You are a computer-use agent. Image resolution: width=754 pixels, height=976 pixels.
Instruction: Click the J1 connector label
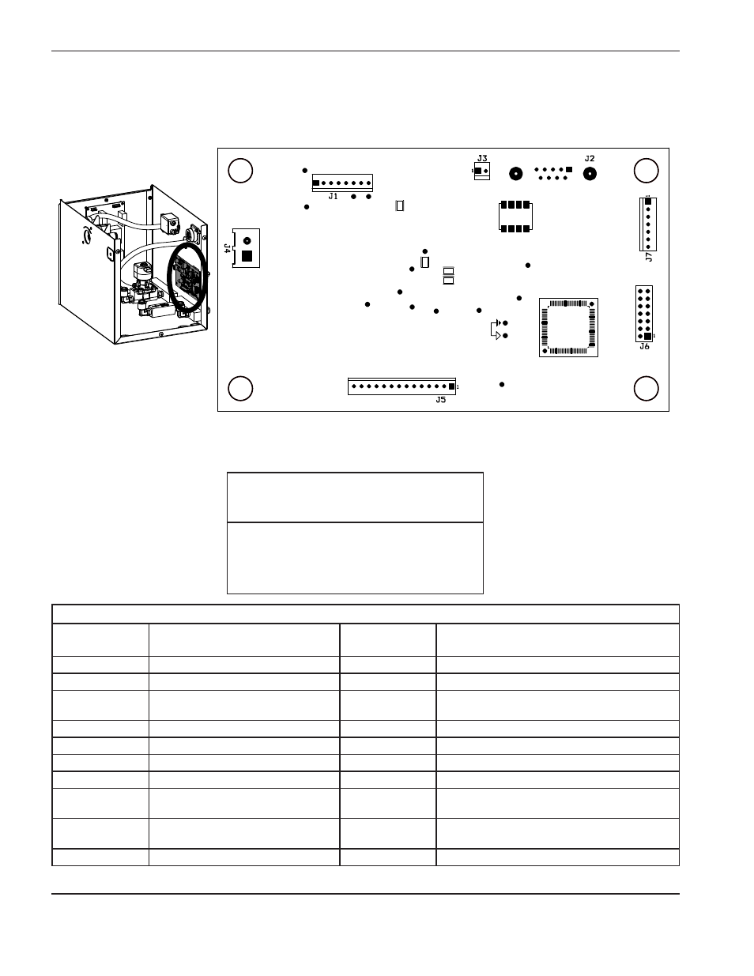pos(333,196)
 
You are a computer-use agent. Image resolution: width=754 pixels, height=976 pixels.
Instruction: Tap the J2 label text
pos(589,159)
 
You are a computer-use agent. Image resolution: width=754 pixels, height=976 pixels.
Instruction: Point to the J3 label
pos(482,158)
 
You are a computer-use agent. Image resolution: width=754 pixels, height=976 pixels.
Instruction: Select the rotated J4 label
pos(228,248)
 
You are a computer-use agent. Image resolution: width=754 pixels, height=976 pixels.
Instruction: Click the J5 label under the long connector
pos(440,400)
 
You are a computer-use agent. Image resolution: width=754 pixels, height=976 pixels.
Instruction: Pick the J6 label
pos(644,346)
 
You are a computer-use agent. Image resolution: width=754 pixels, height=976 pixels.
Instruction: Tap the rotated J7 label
pos(648,257)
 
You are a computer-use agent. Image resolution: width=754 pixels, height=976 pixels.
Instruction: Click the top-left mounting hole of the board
pos(240,171)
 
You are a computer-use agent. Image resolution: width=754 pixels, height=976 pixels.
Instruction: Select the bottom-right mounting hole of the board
pos(646,389)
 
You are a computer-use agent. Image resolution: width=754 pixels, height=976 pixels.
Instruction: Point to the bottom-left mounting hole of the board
pos(240,389)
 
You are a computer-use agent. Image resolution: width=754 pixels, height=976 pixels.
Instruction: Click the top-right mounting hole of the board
pos(646,171)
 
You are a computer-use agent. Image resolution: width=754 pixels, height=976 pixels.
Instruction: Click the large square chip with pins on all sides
pos(568,327)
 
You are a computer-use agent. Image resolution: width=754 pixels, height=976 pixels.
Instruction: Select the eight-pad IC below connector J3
pos(515,217)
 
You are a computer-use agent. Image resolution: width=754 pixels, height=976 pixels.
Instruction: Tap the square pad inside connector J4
pos(247,256)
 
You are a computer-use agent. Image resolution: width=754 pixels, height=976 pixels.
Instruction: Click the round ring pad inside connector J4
pos(247,241)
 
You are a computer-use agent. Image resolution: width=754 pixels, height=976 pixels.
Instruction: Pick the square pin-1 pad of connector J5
pos(451,386)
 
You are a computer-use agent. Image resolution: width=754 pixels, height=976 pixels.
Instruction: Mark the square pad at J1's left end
pos(315,183)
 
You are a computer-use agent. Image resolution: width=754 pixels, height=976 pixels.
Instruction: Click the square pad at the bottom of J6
pos(647,337)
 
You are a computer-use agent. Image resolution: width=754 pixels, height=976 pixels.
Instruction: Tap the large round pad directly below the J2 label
pos(589,173)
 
